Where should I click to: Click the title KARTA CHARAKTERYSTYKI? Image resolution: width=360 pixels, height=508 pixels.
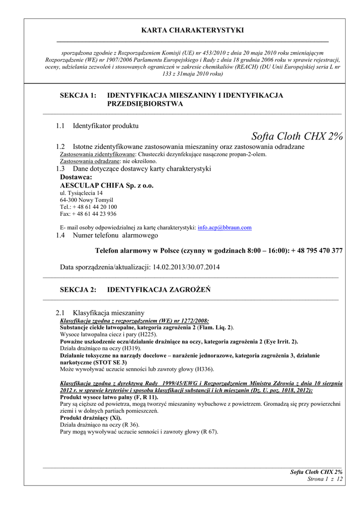pos(193,30)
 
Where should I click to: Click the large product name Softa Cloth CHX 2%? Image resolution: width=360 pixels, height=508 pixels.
pos(297,136)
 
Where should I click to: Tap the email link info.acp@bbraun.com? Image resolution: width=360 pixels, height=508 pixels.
pos(224,228)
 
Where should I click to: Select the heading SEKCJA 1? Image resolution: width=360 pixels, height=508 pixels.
pos(78,95)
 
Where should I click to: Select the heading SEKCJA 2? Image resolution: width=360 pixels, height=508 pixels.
pos(78,290)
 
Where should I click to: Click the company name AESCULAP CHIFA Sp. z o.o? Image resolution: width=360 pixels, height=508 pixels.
pos(107,186)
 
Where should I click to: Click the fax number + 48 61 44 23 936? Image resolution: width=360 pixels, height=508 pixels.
pos(94,214)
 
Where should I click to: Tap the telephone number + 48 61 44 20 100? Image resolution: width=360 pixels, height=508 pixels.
pos(95,207)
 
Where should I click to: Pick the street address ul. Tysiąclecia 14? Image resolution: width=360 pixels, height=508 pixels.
pos(81,193)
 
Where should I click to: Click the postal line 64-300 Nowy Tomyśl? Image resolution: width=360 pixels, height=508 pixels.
pos(87,200)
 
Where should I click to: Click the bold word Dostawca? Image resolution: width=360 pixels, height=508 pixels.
pos(76,177)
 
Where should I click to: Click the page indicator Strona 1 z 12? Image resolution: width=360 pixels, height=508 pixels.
pos(326,479)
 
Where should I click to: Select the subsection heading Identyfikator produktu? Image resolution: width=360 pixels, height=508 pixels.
pos(106,126)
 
